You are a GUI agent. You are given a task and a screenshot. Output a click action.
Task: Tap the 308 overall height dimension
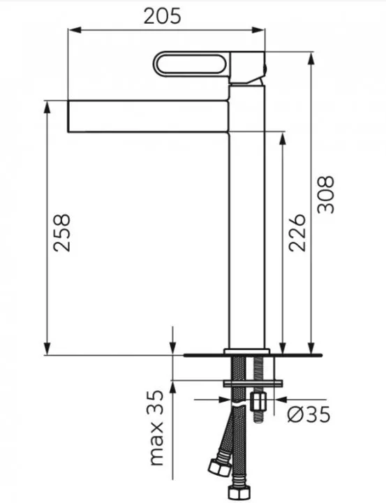point(325,195)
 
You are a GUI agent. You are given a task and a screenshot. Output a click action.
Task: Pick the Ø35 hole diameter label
point(308,414)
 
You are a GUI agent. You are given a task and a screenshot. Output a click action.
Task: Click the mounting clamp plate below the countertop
point(252,382)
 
